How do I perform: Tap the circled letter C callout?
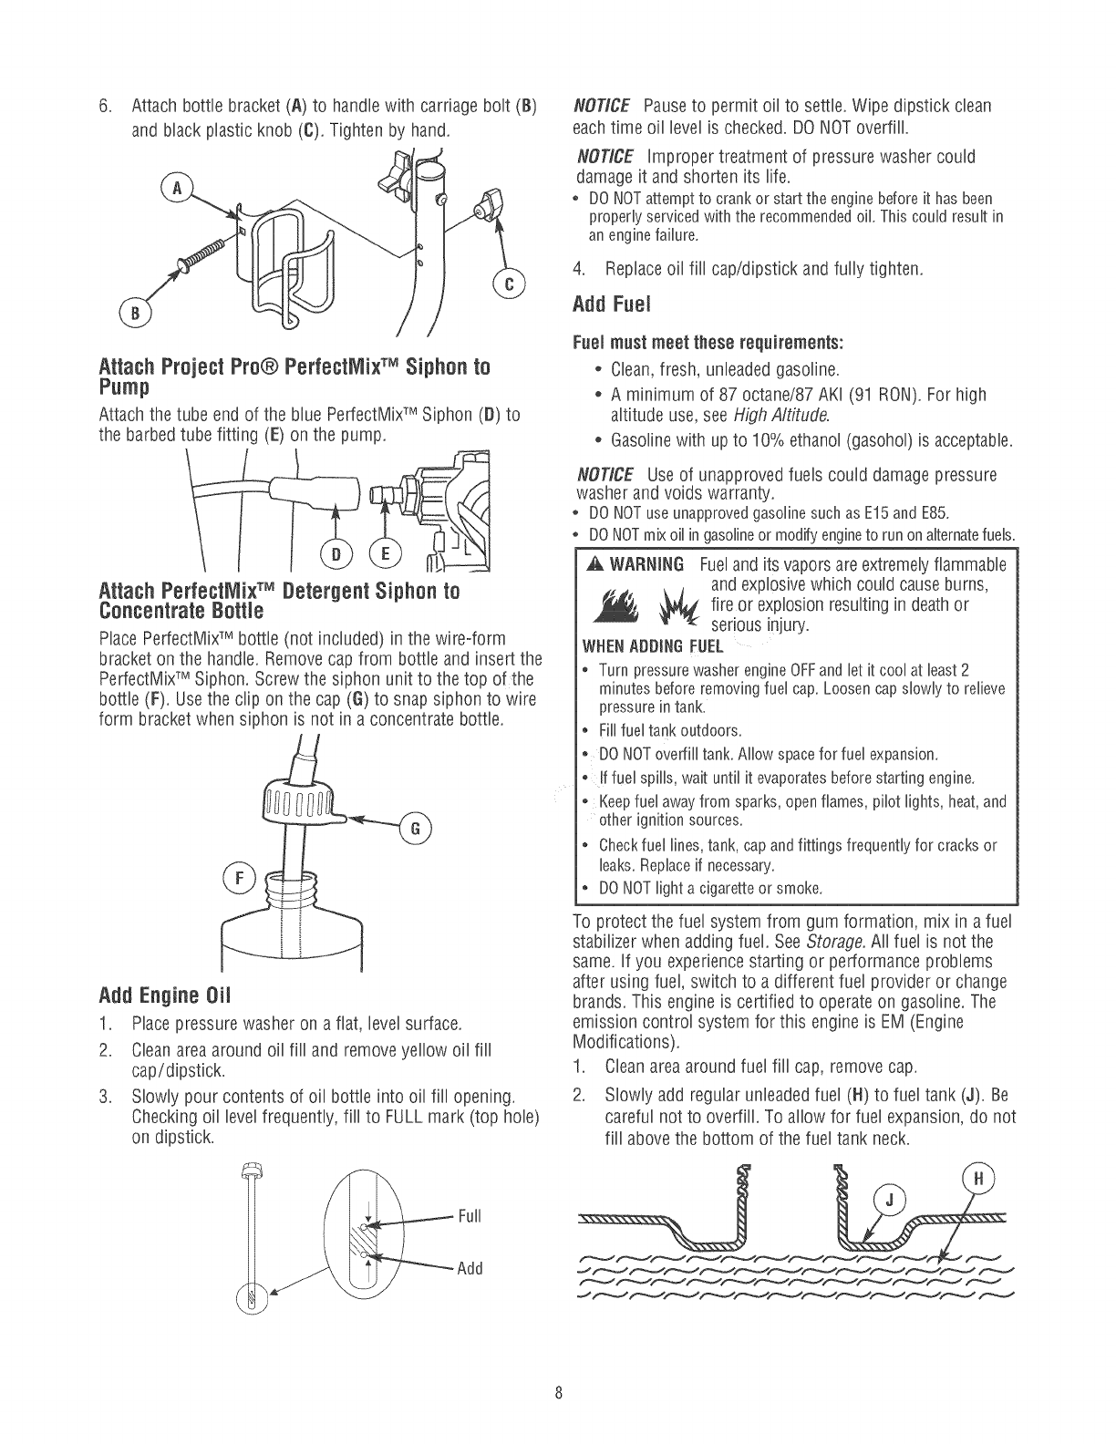[x=507, y=285]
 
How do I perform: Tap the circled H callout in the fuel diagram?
[x=976, y=1177]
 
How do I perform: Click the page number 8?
[x=558, y=1393]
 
